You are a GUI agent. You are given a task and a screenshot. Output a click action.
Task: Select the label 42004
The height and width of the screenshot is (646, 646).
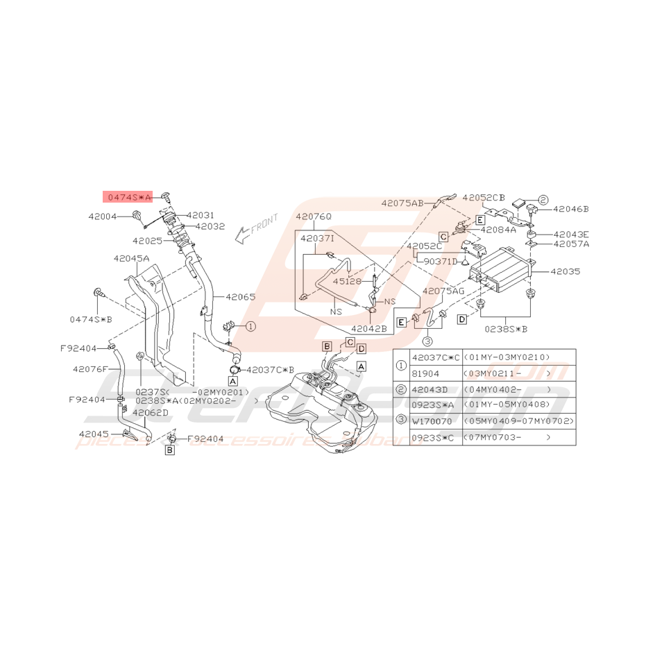click(x=102, y=216)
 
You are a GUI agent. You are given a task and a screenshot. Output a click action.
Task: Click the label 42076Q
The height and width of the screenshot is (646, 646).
click(x=314, y=216)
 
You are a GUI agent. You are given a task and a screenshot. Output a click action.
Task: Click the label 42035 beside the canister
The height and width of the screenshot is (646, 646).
click(x=566, y=272)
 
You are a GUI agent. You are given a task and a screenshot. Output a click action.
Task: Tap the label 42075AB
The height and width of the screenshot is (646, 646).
click(x=402, y=203)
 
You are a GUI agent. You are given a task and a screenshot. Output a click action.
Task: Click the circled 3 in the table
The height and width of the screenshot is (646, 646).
click(x=402, y=421)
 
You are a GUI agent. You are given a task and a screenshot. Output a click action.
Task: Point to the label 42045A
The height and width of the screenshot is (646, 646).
click(x=132, y=257)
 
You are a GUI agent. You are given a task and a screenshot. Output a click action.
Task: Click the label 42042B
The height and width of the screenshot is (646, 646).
click(x=368, y=329)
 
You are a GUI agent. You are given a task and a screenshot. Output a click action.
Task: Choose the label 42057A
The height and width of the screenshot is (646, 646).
click(x=571, y=244)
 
